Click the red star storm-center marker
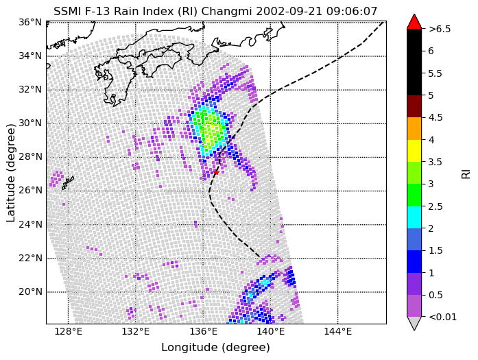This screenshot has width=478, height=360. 216,173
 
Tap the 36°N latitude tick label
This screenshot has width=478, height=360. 30,22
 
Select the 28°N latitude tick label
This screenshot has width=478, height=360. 30,157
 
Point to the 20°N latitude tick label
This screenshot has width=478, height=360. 30,291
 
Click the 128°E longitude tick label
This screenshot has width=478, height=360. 69,332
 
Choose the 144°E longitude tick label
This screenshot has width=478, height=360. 338,332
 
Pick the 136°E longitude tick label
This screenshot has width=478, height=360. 203,332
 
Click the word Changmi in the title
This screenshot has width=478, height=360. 227,12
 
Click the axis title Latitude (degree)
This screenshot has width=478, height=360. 10,173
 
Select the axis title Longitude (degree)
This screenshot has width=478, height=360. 215,348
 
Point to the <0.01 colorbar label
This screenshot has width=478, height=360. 442,317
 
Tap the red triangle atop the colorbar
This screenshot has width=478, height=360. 414,22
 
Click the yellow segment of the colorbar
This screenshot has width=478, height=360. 414,151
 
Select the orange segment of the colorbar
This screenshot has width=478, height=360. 414,128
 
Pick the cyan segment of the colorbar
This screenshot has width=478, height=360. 414,217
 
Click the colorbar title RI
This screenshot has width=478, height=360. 466,174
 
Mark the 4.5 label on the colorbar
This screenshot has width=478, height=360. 435,117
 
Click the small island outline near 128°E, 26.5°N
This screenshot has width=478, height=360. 68,183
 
